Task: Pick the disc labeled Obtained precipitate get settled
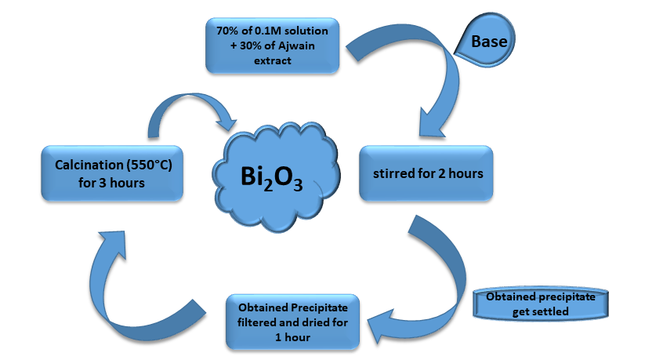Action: pyautogui.click(x=540, y=305)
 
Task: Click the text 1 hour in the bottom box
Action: pyautogui.click(x=292, y=336)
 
